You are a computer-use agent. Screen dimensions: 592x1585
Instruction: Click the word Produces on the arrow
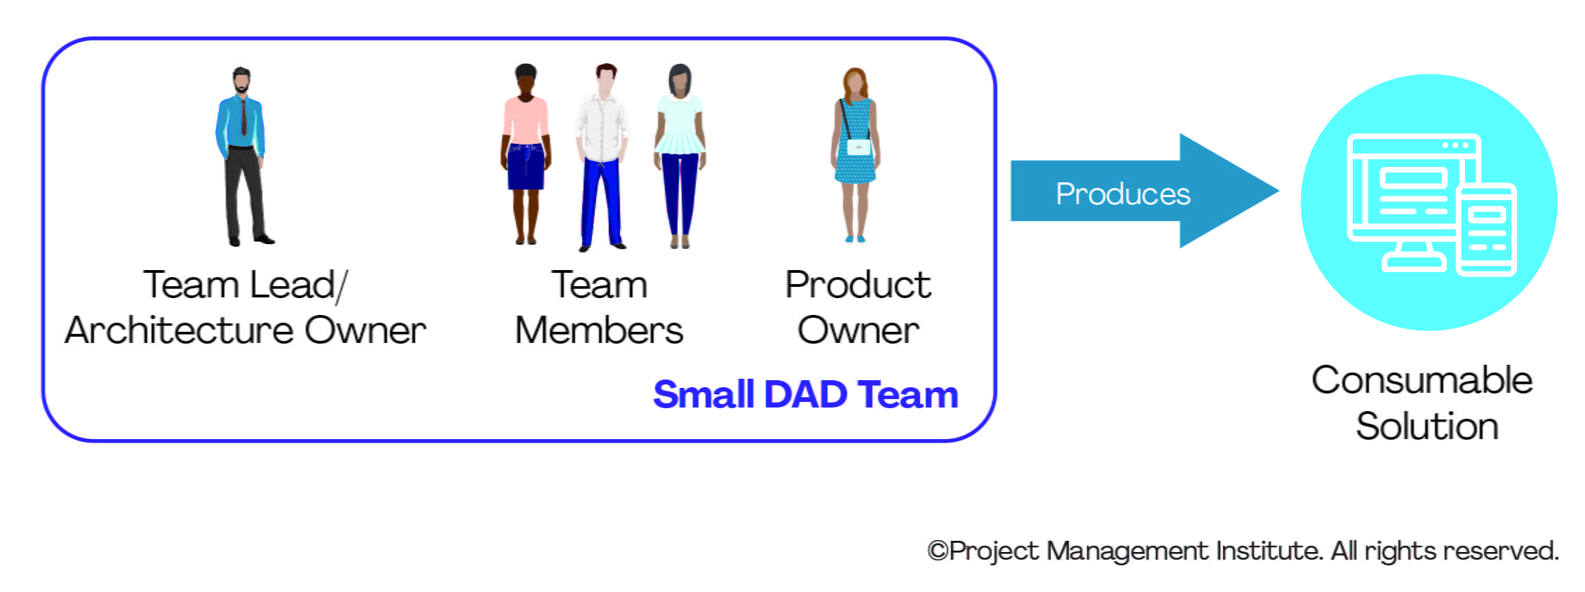click(1122, 194)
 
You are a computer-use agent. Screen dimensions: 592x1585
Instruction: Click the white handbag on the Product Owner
click(859, 147)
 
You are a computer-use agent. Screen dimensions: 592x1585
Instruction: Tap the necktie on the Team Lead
click(243, 116)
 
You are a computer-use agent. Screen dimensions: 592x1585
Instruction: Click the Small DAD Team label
click(805, 395)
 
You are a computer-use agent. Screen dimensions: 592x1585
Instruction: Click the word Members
click(598, 330)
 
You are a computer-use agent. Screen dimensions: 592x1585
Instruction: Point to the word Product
click(858, 285)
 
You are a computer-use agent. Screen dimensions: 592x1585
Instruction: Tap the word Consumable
click(1422, 381)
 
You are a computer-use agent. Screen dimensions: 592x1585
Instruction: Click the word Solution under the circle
click(1426, 426)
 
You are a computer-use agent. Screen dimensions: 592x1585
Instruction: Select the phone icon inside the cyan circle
click(1486, 230)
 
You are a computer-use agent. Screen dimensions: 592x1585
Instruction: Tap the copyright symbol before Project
click(938, 551)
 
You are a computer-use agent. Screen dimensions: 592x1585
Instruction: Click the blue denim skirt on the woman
click(526, 166)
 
